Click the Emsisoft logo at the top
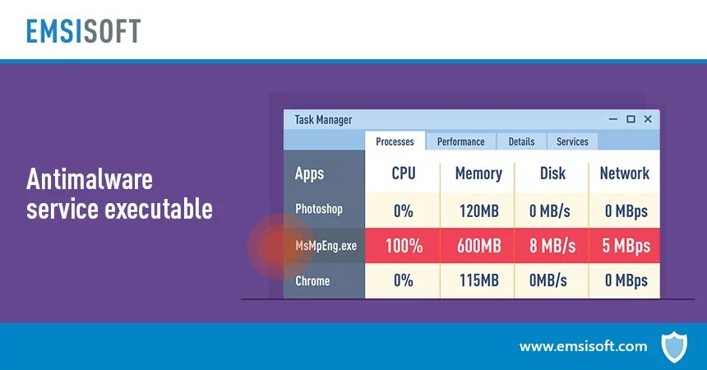point(83,30)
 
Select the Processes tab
point(395,141)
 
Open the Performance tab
point(460,141)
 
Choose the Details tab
point(521,141)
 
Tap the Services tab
point(572,141)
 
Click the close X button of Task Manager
point(648,119)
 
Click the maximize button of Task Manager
point(631,119)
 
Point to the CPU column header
point(403,173)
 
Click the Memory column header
point(478,173)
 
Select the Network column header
point(624,173)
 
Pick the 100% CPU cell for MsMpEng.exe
point(403,246)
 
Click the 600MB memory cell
point(478,246)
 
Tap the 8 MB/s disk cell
point(552,246)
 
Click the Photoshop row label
point(319,210)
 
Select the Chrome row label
point(312,281)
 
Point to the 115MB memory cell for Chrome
point(478,281)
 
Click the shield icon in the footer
point(673,346)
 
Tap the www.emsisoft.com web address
point(583,346)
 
